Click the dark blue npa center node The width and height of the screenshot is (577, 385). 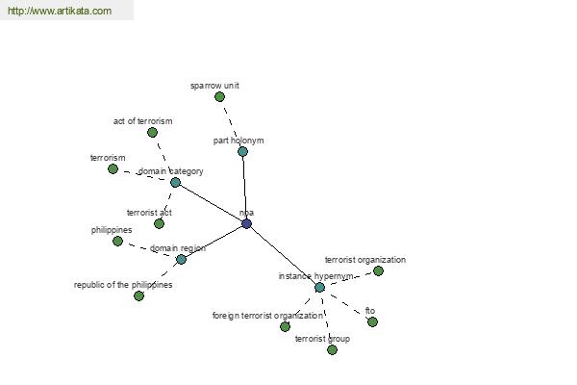tap(246, 223)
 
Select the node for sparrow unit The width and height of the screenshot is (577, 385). tap(219, 97)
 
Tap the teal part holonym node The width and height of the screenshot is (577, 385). tap(243, 151)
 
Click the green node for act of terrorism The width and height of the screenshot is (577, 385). tap(152, 132)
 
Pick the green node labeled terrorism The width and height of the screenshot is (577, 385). tap(113, 169)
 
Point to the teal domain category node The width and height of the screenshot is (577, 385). tap(176, 182)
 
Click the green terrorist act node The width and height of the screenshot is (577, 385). tap(159, 223)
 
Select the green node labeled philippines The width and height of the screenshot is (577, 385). tap(117, 242)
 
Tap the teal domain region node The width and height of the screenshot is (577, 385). tap(181, 259)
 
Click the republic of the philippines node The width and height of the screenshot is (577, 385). tap(138, 295)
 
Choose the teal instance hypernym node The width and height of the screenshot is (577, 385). tap(320, 288)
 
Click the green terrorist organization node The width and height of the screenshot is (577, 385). tap(378, 271)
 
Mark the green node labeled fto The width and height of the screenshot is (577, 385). tap(372, 322)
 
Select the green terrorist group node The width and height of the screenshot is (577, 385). tap(332, 349)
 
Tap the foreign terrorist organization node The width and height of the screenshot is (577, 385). tap(286, 326)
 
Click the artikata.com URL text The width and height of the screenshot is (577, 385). tap(60, 11)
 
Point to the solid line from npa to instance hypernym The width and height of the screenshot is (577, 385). tap(283, 255)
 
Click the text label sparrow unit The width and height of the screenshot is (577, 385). tap(214, 86)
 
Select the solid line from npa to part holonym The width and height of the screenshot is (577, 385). tap(244, 188)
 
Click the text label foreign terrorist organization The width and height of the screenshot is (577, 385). tap(268, 316)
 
